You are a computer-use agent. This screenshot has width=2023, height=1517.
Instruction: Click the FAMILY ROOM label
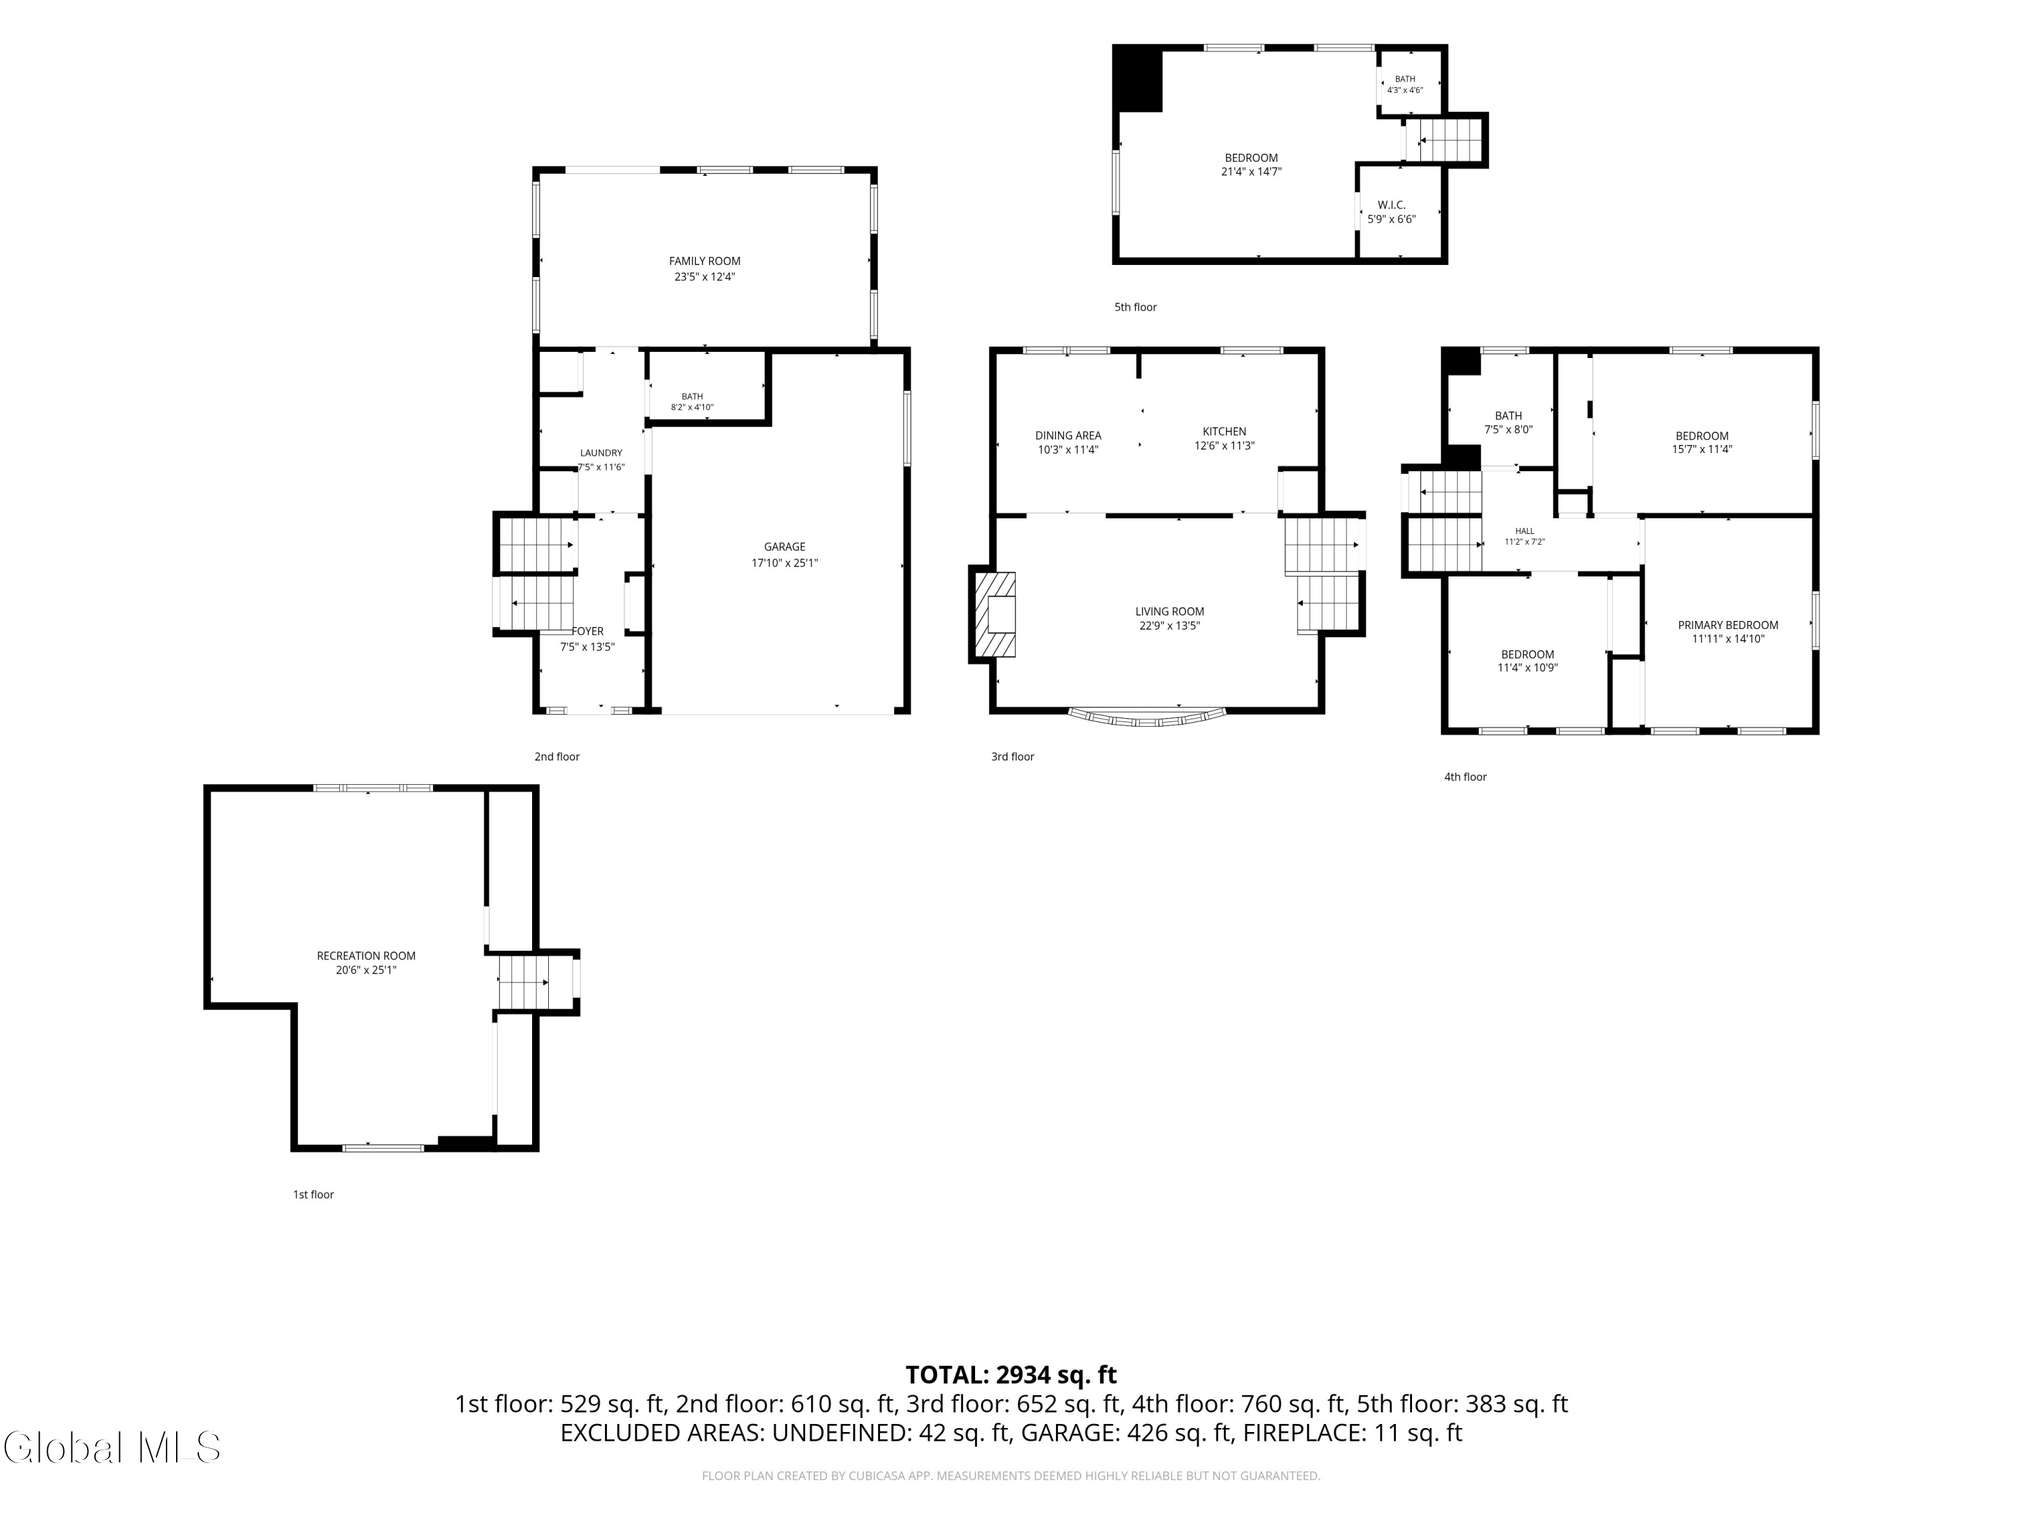point(704,262)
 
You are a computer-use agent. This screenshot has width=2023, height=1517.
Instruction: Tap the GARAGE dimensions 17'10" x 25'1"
point(785,563)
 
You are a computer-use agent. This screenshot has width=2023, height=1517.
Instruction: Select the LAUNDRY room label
point(601,452)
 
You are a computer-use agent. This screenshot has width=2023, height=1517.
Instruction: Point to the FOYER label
point(587,631)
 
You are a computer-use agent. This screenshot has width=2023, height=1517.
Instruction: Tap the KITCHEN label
point(1224,432)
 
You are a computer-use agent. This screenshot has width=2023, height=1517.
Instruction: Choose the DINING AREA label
point(1068,436)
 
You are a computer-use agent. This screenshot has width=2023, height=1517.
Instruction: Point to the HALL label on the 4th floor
point(1525,531)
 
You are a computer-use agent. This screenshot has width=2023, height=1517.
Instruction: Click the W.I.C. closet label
point(1391,205)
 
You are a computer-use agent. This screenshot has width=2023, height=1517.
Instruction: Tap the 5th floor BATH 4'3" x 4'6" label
point(1405,85)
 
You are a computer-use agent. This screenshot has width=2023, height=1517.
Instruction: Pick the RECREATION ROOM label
point(365,955)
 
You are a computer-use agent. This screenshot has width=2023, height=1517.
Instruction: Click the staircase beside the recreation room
point(523,982)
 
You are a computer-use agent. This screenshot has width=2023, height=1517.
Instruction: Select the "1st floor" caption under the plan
point(313,1194)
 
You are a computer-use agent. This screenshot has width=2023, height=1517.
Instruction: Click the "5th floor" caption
point(1135,307)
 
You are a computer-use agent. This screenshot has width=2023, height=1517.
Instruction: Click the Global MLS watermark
point(111,1448)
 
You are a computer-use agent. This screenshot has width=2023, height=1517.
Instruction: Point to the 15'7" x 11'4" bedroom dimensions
point(1702,450)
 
